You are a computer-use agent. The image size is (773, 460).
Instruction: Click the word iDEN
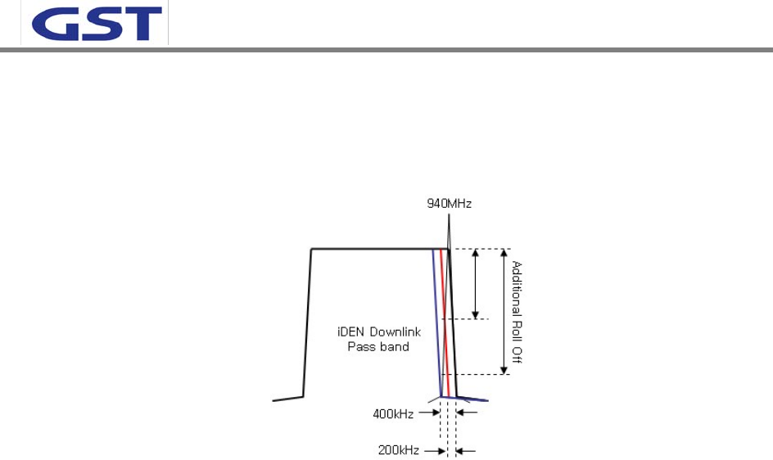pyautogui.click(x=352, y=333)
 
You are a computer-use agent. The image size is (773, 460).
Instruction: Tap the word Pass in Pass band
pyautogui.click(x=363, y=347)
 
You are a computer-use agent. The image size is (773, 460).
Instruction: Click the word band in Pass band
pyautogui.click(x=395, y=347)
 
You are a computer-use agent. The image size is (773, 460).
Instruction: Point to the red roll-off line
pyautogui.click(x=444, y=319)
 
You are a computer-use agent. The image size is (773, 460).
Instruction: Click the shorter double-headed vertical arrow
pyautogui.click(x=476, y=283)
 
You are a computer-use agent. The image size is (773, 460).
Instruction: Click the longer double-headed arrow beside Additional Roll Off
pyautogui.click(x=504, y=311)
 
